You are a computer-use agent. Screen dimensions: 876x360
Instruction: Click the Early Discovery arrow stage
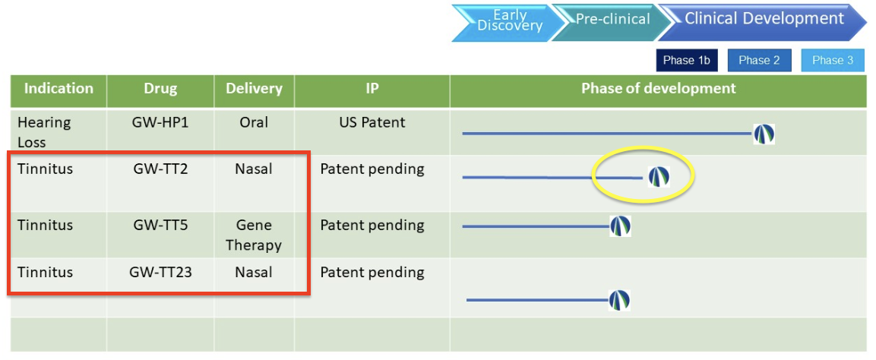pyautogui.click(x=503, y=22)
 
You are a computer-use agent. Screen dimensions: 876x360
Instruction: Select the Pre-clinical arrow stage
pyautogui.click(x=606, y=22)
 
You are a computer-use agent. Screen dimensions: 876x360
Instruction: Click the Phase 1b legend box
pyautogui.click(x=687, y=60)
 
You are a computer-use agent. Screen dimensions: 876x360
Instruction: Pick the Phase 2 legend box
pyautogui.click(x=759, y=60)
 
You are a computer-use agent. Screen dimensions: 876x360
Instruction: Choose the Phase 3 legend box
pyautogui.click(x=833, y=60)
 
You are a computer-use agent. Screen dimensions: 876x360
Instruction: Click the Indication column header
pyautogui.click(x=59, y=89)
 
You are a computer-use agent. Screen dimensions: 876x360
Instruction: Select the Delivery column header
pyautogui.click(x=255, y=89)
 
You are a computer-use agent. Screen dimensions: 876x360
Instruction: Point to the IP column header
pyautogui.click(x=372, y=89)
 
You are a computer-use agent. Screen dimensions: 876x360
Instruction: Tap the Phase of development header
pyautogui.click(x=659, y=88)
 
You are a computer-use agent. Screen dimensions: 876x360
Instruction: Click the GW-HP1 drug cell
pyautogui.click(x=160, y=122)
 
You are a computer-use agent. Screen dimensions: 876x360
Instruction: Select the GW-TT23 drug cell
pyautogui.click(x=160, y=273)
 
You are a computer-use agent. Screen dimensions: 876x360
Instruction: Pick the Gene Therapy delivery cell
pyautogui.click(x=255, y=235)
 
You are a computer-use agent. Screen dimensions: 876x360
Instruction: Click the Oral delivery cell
pyautogui.click(x=255, y=122)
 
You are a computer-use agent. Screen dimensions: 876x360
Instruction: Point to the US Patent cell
pyautogui.click(x=372, y=122)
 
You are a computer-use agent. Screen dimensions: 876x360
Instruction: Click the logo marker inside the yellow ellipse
pyautogui.click(x=659, y=177)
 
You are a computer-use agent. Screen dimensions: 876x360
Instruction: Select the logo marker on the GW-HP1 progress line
pyautogui.click(x=764, y=134)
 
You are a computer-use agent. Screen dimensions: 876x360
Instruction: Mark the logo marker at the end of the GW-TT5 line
pyautogui.click(x=620, y=226)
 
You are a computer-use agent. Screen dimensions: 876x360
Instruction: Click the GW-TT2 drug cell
pyautogui.click(x=160, y=169)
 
